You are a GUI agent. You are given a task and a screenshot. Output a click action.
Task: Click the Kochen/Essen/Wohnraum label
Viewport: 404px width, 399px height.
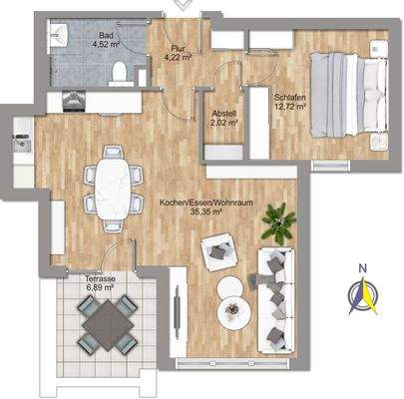coord(206,202)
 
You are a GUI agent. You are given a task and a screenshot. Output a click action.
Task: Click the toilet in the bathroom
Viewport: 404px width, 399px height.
coord(120,72)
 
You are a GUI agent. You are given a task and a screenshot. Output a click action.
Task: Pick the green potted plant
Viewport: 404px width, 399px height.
coord(284,219)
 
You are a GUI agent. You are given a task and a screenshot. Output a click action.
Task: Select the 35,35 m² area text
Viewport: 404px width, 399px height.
coord(206,211)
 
